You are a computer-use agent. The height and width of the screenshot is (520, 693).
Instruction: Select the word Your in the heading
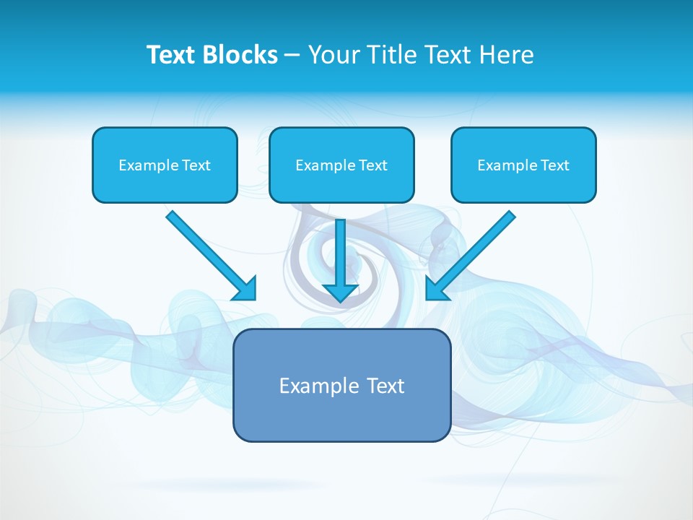[x=333, y=55]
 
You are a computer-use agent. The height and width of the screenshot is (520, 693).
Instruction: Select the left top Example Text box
[x=165, y=165]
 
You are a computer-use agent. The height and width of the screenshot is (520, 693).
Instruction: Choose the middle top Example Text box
[x=341, y=165]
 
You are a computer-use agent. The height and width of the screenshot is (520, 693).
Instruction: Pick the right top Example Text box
[x=523, y=165]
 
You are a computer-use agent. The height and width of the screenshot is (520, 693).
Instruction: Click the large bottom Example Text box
[x=341, y=385]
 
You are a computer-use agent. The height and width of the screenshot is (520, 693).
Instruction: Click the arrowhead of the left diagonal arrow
[x=246, y=290]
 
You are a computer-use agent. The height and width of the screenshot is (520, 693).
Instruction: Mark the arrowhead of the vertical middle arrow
[x=341, y=292]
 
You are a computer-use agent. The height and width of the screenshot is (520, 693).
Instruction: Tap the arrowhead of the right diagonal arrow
[x=436, y=290]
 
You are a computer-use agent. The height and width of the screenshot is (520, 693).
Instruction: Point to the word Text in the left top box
[x=196, y=165]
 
